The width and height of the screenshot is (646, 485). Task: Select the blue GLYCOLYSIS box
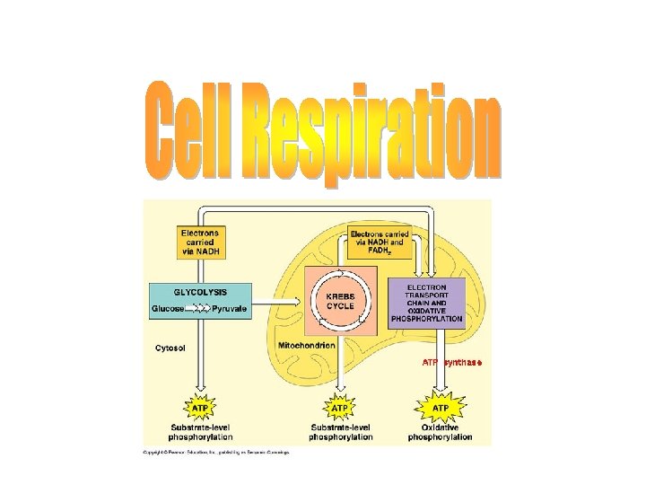coord(200,300)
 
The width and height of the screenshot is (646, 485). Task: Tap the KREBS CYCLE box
coord(340,300)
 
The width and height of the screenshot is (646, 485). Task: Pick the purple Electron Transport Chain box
coord(427,301)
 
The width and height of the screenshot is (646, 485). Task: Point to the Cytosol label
coord(170,348)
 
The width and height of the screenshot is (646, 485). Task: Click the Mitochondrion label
coord(306,345)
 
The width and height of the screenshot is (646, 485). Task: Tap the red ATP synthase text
coord(453,363)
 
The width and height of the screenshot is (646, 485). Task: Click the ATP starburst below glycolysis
coord(202,409)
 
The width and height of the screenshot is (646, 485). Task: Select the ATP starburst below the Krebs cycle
coord(340,409)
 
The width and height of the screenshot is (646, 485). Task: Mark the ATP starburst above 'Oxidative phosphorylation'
coord(441,408)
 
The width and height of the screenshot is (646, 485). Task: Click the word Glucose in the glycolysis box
coord(168,308)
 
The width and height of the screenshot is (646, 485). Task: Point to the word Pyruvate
coord(230,308)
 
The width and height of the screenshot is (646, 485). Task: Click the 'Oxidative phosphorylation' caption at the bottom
coord(440,432)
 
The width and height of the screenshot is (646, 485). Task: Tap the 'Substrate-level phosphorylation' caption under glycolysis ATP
coord(203,432)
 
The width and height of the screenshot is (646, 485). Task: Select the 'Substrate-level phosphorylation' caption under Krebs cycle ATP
coord(341,432)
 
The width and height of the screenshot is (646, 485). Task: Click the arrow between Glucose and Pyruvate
coord(198,308)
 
